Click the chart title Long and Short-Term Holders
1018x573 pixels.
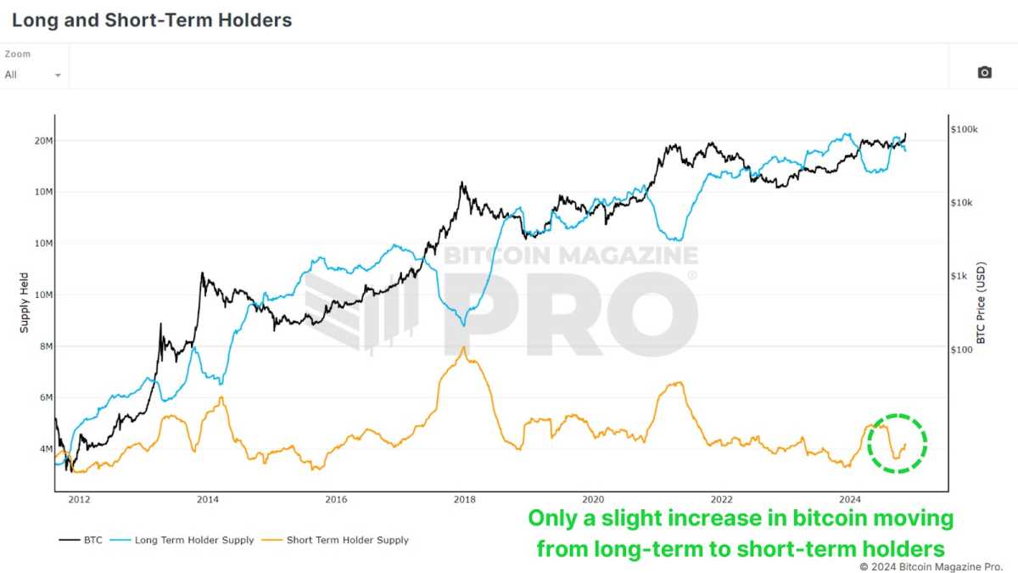(152, 20)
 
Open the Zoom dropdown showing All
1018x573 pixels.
(34, 75)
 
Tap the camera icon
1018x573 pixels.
(984, 73)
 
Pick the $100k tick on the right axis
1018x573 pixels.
(965, 130)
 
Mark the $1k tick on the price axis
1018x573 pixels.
(961, 276)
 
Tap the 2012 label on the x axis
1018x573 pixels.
(79, 500)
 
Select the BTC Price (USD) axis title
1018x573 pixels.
(982, 303)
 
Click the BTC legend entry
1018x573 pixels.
(81, 540)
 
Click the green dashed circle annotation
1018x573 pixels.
(898, 443)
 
